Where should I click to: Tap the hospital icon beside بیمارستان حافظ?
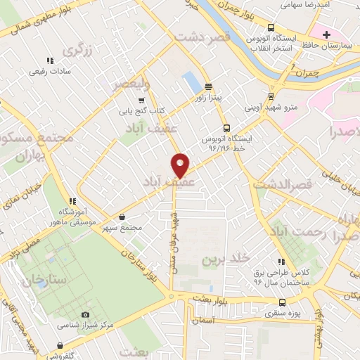click(326, 34)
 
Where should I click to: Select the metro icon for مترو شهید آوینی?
click(271, 97)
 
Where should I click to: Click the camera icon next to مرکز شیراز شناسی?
click(86, 314)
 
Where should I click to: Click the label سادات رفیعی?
click(50, 71)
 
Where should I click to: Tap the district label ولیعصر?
click(132, 84)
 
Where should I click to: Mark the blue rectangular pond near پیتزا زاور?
click(191, 82)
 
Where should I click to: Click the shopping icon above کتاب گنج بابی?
click(141, 100)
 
